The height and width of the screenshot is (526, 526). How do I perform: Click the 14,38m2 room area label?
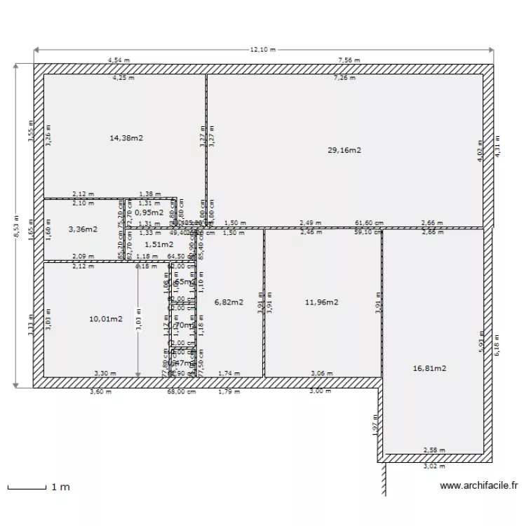tap(126, 138)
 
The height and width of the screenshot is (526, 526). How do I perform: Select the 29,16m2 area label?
tap(344, 150)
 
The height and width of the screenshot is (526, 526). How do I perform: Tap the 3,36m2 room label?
tap(83, 229)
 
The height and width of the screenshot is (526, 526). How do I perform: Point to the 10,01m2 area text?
tap(105, 319)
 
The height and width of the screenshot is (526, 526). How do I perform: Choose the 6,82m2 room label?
tap(229, 302)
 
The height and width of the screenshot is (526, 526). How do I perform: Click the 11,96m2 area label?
tap(322, 302)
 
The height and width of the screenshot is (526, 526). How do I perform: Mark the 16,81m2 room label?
tap(430, 367)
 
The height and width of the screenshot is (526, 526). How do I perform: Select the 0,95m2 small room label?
tap(149, 212)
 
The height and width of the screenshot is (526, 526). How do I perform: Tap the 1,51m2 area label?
tap(159, 244)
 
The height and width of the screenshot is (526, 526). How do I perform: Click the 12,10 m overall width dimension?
tap(263, 50)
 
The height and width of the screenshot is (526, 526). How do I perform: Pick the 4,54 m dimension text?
tap(119, 61)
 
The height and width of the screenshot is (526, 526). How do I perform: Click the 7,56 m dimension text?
tap(349, 61)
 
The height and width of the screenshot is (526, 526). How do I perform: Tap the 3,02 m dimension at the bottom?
tap(433, 465)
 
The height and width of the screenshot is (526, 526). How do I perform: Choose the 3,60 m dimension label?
tap(100, 392)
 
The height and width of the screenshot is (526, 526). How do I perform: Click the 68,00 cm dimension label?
tap(181, 392)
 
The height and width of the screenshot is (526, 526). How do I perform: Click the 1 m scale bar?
tap(39, 487)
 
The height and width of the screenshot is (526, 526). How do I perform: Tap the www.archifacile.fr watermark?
tap(479, 485)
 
